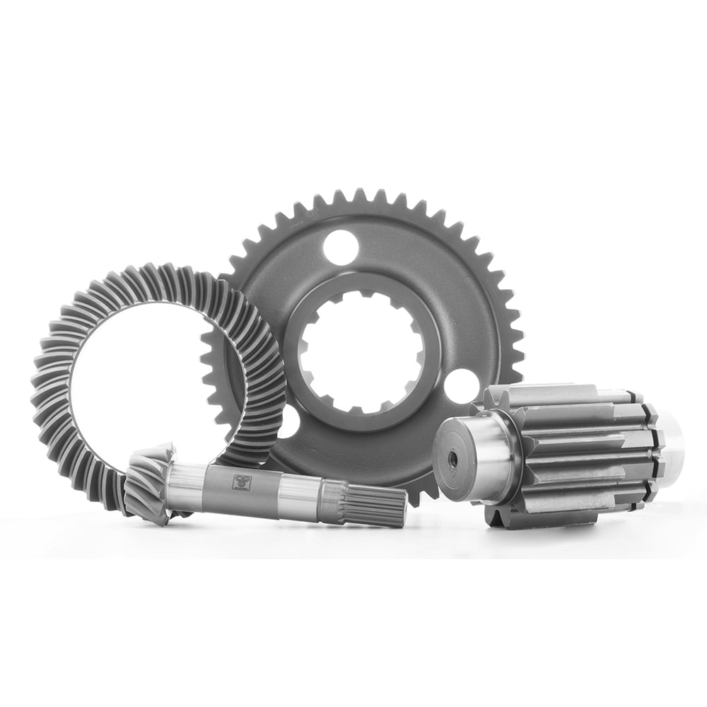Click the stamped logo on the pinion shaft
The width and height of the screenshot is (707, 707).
click(x=240, y=482)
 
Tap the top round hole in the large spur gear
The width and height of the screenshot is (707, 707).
click(x=341, y=247)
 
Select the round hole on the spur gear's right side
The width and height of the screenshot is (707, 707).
click(x=462, y=385)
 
